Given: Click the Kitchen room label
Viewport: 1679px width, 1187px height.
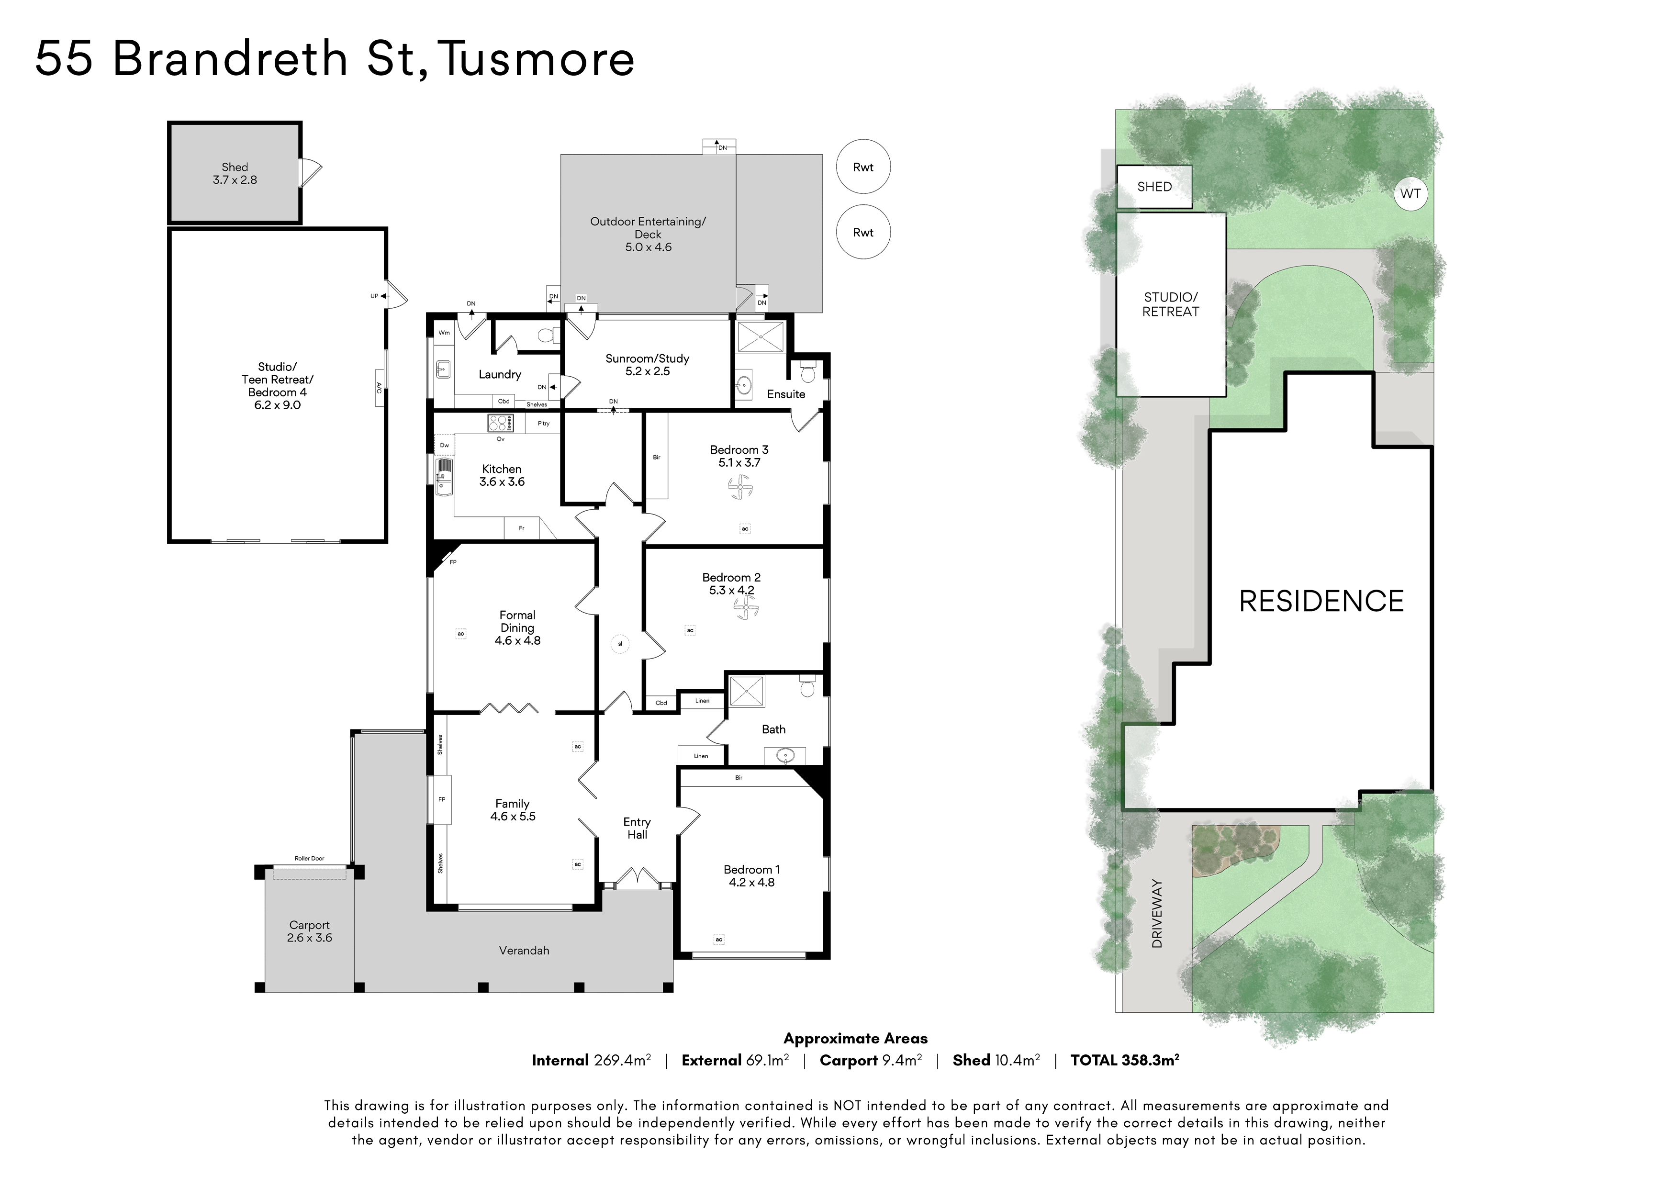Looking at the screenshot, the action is [502, 469].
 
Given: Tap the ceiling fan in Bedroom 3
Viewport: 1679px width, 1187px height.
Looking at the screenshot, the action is [739, 487].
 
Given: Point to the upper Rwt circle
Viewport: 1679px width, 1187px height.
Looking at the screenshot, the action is [863, 167].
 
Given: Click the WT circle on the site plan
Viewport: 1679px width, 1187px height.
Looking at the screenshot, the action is [1410, 194].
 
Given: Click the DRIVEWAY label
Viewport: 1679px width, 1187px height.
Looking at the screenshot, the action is [1157, 914].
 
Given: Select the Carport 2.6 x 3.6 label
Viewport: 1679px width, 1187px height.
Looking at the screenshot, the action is [309, 931].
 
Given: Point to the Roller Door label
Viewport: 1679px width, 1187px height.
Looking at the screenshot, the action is [309, 859].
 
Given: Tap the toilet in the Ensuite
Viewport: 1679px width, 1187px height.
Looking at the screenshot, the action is [808, 372].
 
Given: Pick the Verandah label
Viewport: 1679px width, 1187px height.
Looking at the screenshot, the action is [524, 951].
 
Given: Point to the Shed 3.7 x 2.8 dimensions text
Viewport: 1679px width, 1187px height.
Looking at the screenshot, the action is [235, 180].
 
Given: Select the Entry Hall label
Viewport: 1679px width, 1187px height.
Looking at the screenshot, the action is [637, 828].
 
